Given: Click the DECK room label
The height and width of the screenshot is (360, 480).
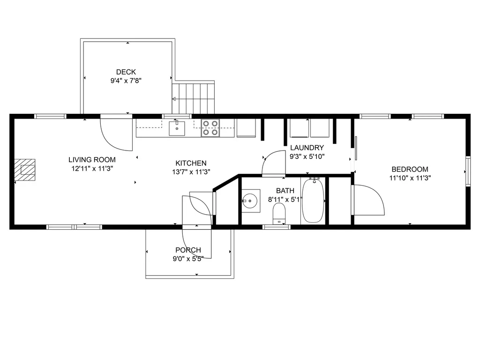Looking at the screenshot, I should (126, 72).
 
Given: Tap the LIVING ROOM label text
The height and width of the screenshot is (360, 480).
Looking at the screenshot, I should (92, 160).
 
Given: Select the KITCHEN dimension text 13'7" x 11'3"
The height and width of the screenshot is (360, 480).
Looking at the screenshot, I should (191, 172).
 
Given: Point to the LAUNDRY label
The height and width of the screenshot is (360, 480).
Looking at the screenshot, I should (307, 148).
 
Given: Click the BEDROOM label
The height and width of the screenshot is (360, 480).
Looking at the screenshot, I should (410, 169).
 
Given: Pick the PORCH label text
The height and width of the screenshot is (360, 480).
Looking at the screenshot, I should (188, 250).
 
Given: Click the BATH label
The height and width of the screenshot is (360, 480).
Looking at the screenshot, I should (285, 190).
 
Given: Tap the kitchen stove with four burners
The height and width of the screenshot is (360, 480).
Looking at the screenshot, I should (210, 127).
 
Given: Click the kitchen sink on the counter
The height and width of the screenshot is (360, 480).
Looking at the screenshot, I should (177, 127).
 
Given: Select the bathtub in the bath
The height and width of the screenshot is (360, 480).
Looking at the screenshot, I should (313, 201).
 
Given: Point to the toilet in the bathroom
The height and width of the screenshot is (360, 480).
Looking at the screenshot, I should (279, 213).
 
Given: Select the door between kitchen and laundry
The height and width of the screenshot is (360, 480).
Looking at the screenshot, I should (274, 163).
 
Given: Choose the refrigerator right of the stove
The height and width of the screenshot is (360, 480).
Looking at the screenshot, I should (246, 128).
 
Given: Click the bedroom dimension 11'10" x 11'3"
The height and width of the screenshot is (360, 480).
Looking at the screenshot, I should (410, 178).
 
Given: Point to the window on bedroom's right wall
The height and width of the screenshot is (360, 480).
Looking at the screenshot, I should (467, 171).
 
